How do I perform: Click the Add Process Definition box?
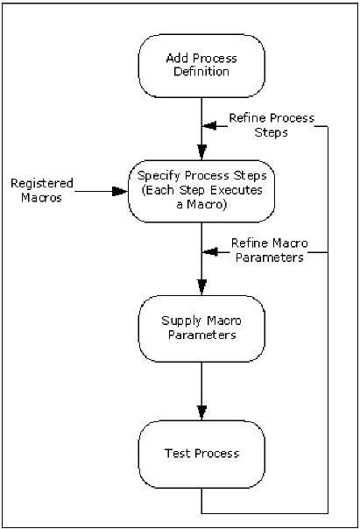pyautogui.click(x=202, y=66)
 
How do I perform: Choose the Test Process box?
pyautogui.click(x=202, y=454)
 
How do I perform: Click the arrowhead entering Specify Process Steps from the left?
pyautogui.click(x=120, y=190)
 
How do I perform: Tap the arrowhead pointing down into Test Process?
pyautogui.click(x=202, y=411)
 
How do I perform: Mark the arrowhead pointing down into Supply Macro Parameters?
pyautogui.click(x=202, y=287)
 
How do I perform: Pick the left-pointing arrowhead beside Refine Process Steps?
pyautogui.click(x=208, y=126)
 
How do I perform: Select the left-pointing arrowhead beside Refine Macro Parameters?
pyautogui.click(x=208, y=252)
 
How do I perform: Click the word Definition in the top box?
pyautogui.click(x=202, y=73)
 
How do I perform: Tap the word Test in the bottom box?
pyautogui.click(x=178, y=454)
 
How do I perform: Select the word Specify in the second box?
pyautogui.click(x=159, y=177)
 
